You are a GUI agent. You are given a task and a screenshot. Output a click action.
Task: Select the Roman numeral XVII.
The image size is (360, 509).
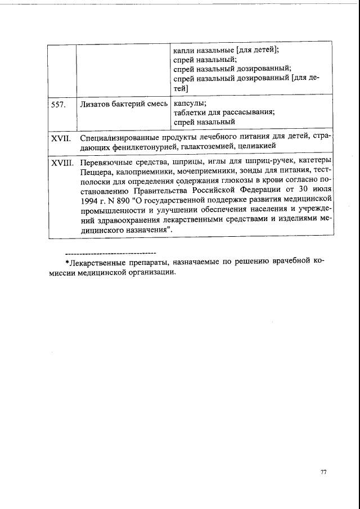tap(60, 138)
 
